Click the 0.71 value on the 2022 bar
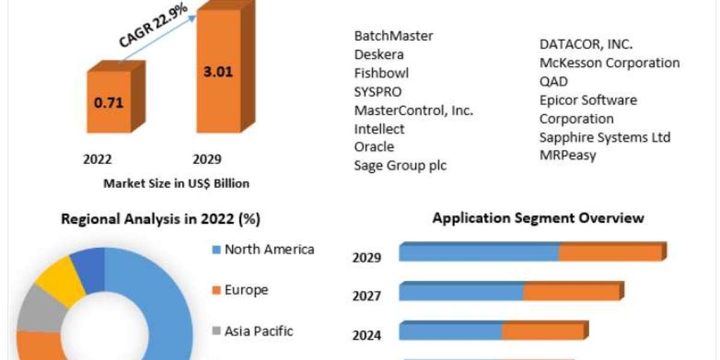pyautogui.click(x=109, y=102)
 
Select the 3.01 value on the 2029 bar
pyautogui.click(x=218, y=73)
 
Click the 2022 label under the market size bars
pyautogui.click(x=97, y=160)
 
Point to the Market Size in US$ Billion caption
pyautogui.click(x=176, y=184)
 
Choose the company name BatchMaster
pyautogui.click(x=394, y=36)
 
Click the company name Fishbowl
pyautogui.click(x=382, y=73)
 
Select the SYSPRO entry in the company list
pyautogui.click(x=378, y=92)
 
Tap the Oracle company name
pyautogui.click(x=374, y=147)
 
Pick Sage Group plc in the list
pyautogui.click(x=400, y=166)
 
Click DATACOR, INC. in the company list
pyautogui.click(x=586, y=44)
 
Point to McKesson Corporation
pyautogui.click(x=610, y=63)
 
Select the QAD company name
pyautogui.click(x=553, y=82)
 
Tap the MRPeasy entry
pyautogui.click(x=568, y=155)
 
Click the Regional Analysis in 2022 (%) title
pyautogui.click(x=161, y=219)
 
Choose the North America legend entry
pyautogui.click(x=269, y=250)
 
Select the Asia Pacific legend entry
pyautogui.click(x=258, y=331)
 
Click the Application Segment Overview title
pyautogui.click(x=538, y=218)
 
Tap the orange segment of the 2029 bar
pyautogui.click(x=610, y=253)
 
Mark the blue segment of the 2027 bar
pyautogui.click(x=461, y=292)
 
